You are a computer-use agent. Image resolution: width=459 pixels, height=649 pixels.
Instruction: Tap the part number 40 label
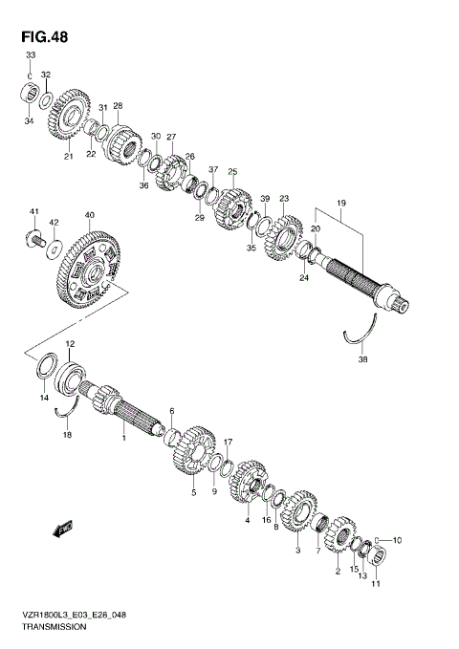(89, 215)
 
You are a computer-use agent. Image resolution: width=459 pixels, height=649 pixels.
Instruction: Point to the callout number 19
(339, 204)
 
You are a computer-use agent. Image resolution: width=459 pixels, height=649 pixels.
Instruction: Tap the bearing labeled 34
(29, 95)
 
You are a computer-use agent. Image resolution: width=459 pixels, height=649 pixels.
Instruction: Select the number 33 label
(29, 56)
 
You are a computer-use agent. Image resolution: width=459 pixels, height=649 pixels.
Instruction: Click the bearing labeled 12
(71, 376)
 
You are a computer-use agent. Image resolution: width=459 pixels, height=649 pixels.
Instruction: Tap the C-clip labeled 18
(66, 412)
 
